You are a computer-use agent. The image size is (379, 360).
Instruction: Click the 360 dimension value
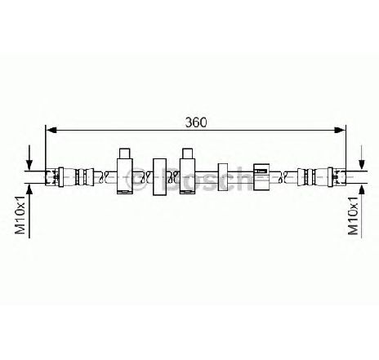[196, 122]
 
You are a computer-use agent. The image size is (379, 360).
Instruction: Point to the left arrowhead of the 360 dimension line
[51, 130]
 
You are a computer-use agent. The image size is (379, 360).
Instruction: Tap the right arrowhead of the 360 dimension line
[340, 130]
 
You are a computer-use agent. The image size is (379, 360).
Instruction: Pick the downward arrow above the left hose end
[29, 158]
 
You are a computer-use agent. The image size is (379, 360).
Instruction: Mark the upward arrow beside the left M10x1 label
[29, 211]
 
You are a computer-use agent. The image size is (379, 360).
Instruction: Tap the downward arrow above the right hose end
[362, 158]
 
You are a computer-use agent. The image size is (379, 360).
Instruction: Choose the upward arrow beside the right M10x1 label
[362, 211]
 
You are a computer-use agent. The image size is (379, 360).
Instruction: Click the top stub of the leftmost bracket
[124, 153]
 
